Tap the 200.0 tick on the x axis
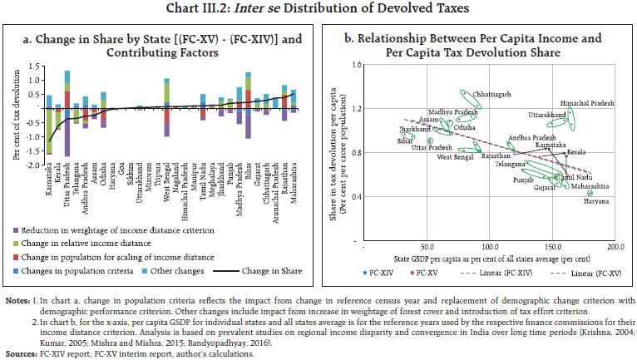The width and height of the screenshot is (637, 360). (615, 247)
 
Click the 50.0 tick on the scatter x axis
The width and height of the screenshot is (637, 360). (427, 247)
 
